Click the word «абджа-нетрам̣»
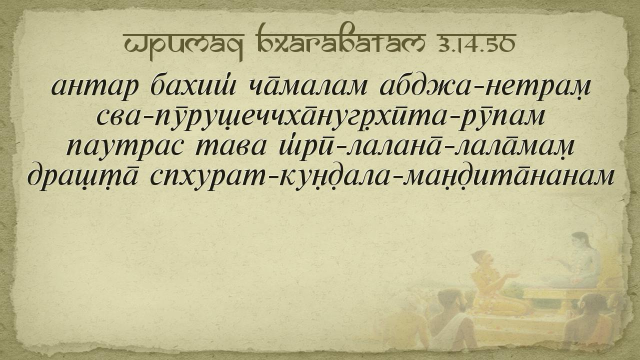(485, 86)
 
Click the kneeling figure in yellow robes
(493, 285)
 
